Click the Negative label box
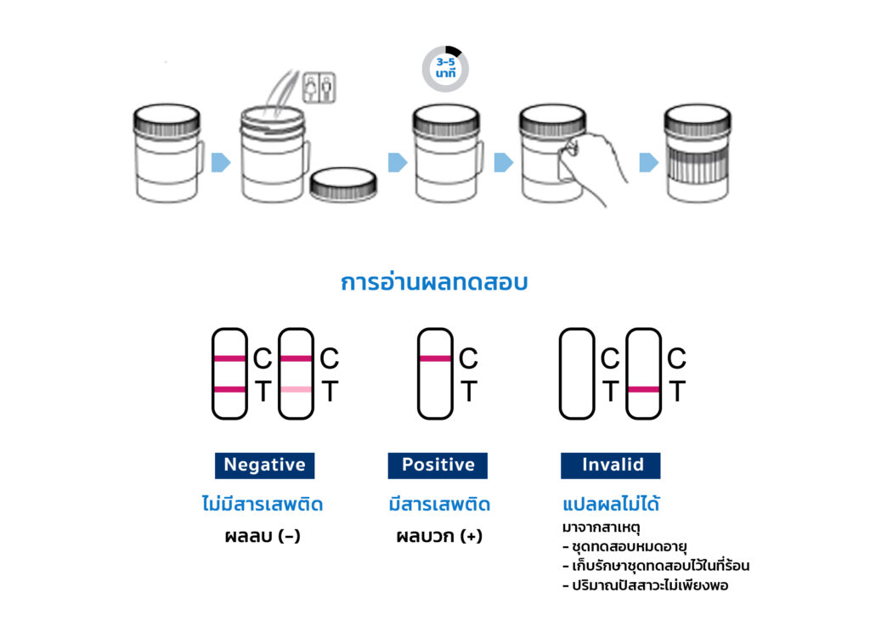pos(264,465)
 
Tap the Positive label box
pos(438,465)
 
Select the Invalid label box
pos(610,465)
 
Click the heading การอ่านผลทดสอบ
pos(434,283)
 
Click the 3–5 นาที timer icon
pos(445,68)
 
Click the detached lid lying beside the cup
pos(343,183)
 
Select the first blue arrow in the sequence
pos(221,162)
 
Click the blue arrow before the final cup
pos(649,162)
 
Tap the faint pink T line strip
pos(296,374)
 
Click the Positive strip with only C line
pos(435,374)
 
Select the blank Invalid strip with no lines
pos(577,374)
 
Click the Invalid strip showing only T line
pos(643,374)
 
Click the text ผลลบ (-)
pos(263,536)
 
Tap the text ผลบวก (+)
pos(438,536)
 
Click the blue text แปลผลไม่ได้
pos(611,505)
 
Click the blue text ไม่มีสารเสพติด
pos(263,505)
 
